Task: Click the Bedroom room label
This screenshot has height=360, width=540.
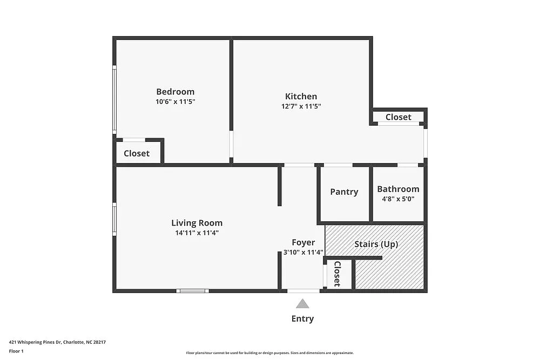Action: (175, 92)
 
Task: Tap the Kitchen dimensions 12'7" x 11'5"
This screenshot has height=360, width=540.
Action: (301, 106)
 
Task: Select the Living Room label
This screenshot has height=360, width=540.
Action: (197, 223)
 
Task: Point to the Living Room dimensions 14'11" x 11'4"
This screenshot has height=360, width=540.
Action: (197, 233)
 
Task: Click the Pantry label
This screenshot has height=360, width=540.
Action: (344, 192)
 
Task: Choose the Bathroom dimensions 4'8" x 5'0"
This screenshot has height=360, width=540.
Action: (398, 199)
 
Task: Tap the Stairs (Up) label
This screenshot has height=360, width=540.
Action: (376, 244)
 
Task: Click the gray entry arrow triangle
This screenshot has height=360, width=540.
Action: (302, 304)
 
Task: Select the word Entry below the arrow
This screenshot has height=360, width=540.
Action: (302, 318)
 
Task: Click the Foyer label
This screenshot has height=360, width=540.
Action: (303, 242)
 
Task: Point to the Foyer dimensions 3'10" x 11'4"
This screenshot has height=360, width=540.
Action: (303, 252)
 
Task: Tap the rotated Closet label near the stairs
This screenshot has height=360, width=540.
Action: (337, 274)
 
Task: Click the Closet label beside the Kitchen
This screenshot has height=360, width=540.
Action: (398, 117)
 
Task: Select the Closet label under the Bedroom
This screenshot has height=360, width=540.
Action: (137, 153)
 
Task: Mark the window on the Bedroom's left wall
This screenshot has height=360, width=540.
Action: (114, 99)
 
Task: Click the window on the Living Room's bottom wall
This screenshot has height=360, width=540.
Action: (192, 291)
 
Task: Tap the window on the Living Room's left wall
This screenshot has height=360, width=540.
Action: (114, 219)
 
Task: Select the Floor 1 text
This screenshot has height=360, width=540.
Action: (16, 351)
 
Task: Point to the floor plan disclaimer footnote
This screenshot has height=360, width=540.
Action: (269, 353)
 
